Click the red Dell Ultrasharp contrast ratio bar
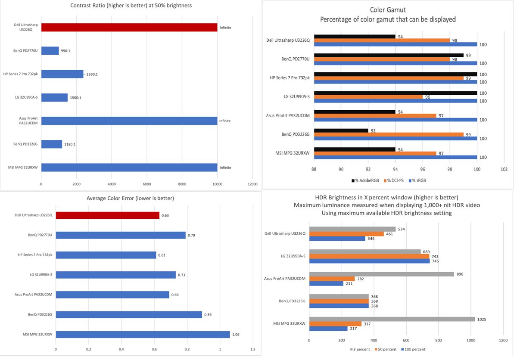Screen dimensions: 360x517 click(129, 28)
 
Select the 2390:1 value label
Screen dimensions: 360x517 click(91, 74)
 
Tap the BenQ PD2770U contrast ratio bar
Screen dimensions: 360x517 click(50, 51)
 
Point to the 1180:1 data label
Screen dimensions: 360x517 click(70, 144)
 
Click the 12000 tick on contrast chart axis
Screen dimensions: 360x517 click(252, 184)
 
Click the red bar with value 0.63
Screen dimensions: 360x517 click(107, 215)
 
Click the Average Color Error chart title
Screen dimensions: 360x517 click(131, 199)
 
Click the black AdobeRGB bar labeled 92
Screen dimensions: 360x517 click(341, 130)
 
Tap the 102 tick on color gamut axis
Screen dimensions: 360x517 click(504, 169)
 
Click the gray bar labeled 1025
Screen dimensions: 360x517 click(392, 319)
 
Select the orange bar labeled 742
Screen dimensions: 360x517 click(369, 256)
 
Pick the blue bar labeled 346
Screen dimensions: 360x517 click(337, 238)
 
